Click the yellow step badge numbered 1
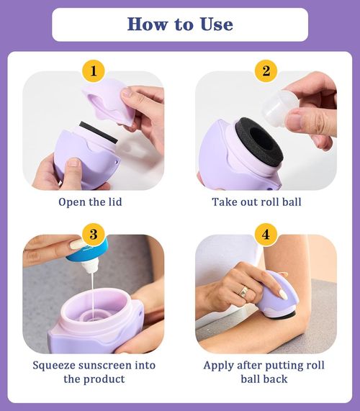(94, 71)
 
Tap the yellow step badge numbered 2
(266, 71)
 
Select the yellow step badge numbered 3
(94, 235)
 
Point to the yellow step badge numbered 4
(266, 235)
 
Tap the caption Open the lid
(90, 202)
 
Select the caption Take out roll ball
(256, 202)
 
